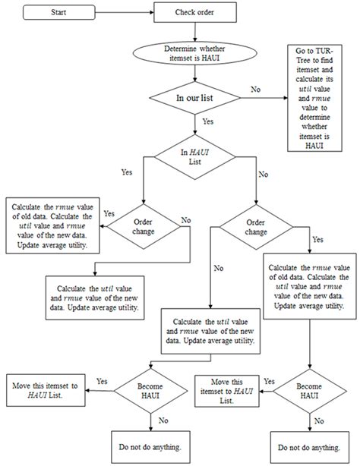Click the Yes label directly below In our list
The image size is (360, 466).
click(x=207, y=121)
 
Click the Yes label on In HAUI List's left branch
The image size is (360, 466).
click(x=126, y=172)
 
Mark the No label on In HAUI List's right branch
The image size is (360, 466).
click(x=263, y=174)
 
